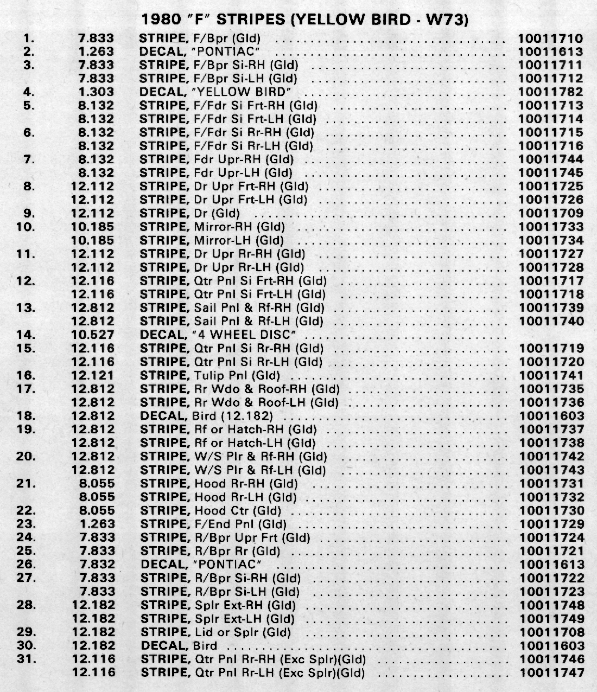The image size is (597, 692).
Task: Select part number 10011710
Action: [550, 39]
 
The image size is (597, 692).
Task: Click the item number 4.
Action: [29, 92]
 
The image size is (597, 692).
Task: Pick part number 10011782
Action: [550, 92]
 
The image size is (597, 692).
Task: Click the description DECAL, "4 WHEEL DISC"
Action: [220, 335]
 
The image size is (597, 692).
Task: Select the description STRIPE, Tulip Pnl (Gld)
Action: [210, 375]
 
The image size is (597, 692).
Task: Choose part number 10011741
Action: [551, 375]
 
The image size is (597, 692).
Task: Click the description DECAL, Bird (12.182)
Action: [206, 416]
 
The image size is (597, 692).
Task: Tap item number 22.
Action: [27, 510]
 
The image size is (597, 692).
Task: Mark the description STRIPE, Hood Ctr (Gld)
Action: [211, 510]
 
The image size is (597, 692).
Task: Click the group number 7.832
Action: [97, 565]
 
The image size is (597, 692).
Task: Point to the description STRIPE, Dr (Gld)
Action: [189, 214]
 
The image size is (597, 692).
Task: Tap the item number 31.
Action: [27, 659]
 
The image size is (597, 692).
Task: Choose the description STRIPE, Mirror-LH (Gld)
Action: [212, 240]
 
